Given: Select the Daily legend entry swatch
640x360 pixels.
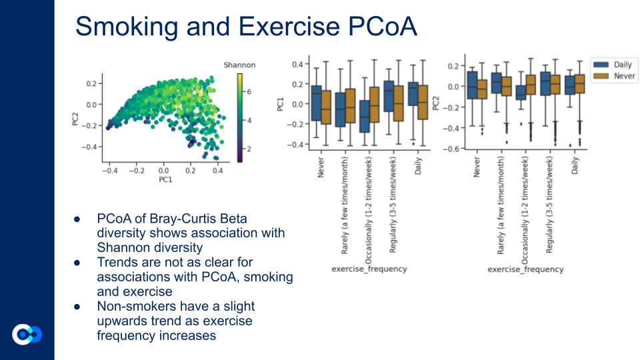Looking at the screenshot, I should [601, 64].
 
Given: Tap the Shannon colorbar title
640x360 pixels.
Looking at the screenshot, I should [239, 65].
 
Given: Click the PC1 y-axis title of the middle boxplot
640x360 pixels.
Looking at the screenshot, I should [281, 104].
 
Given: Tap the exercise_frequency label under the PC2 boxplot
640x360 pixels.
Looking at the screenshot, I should [525, 269].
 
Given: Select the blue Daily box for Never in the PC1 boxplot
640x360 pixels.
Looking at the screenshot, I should [317, 103].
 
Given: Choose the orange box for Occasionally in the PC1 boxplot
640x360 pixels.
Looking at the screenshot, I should [375, 104].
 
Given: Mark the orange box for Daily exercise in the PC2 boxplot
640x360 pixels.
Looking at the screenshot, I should [579, 84].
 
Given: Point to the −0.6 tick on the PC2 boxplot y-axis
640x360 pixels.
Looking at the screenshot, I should [454, 149].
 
